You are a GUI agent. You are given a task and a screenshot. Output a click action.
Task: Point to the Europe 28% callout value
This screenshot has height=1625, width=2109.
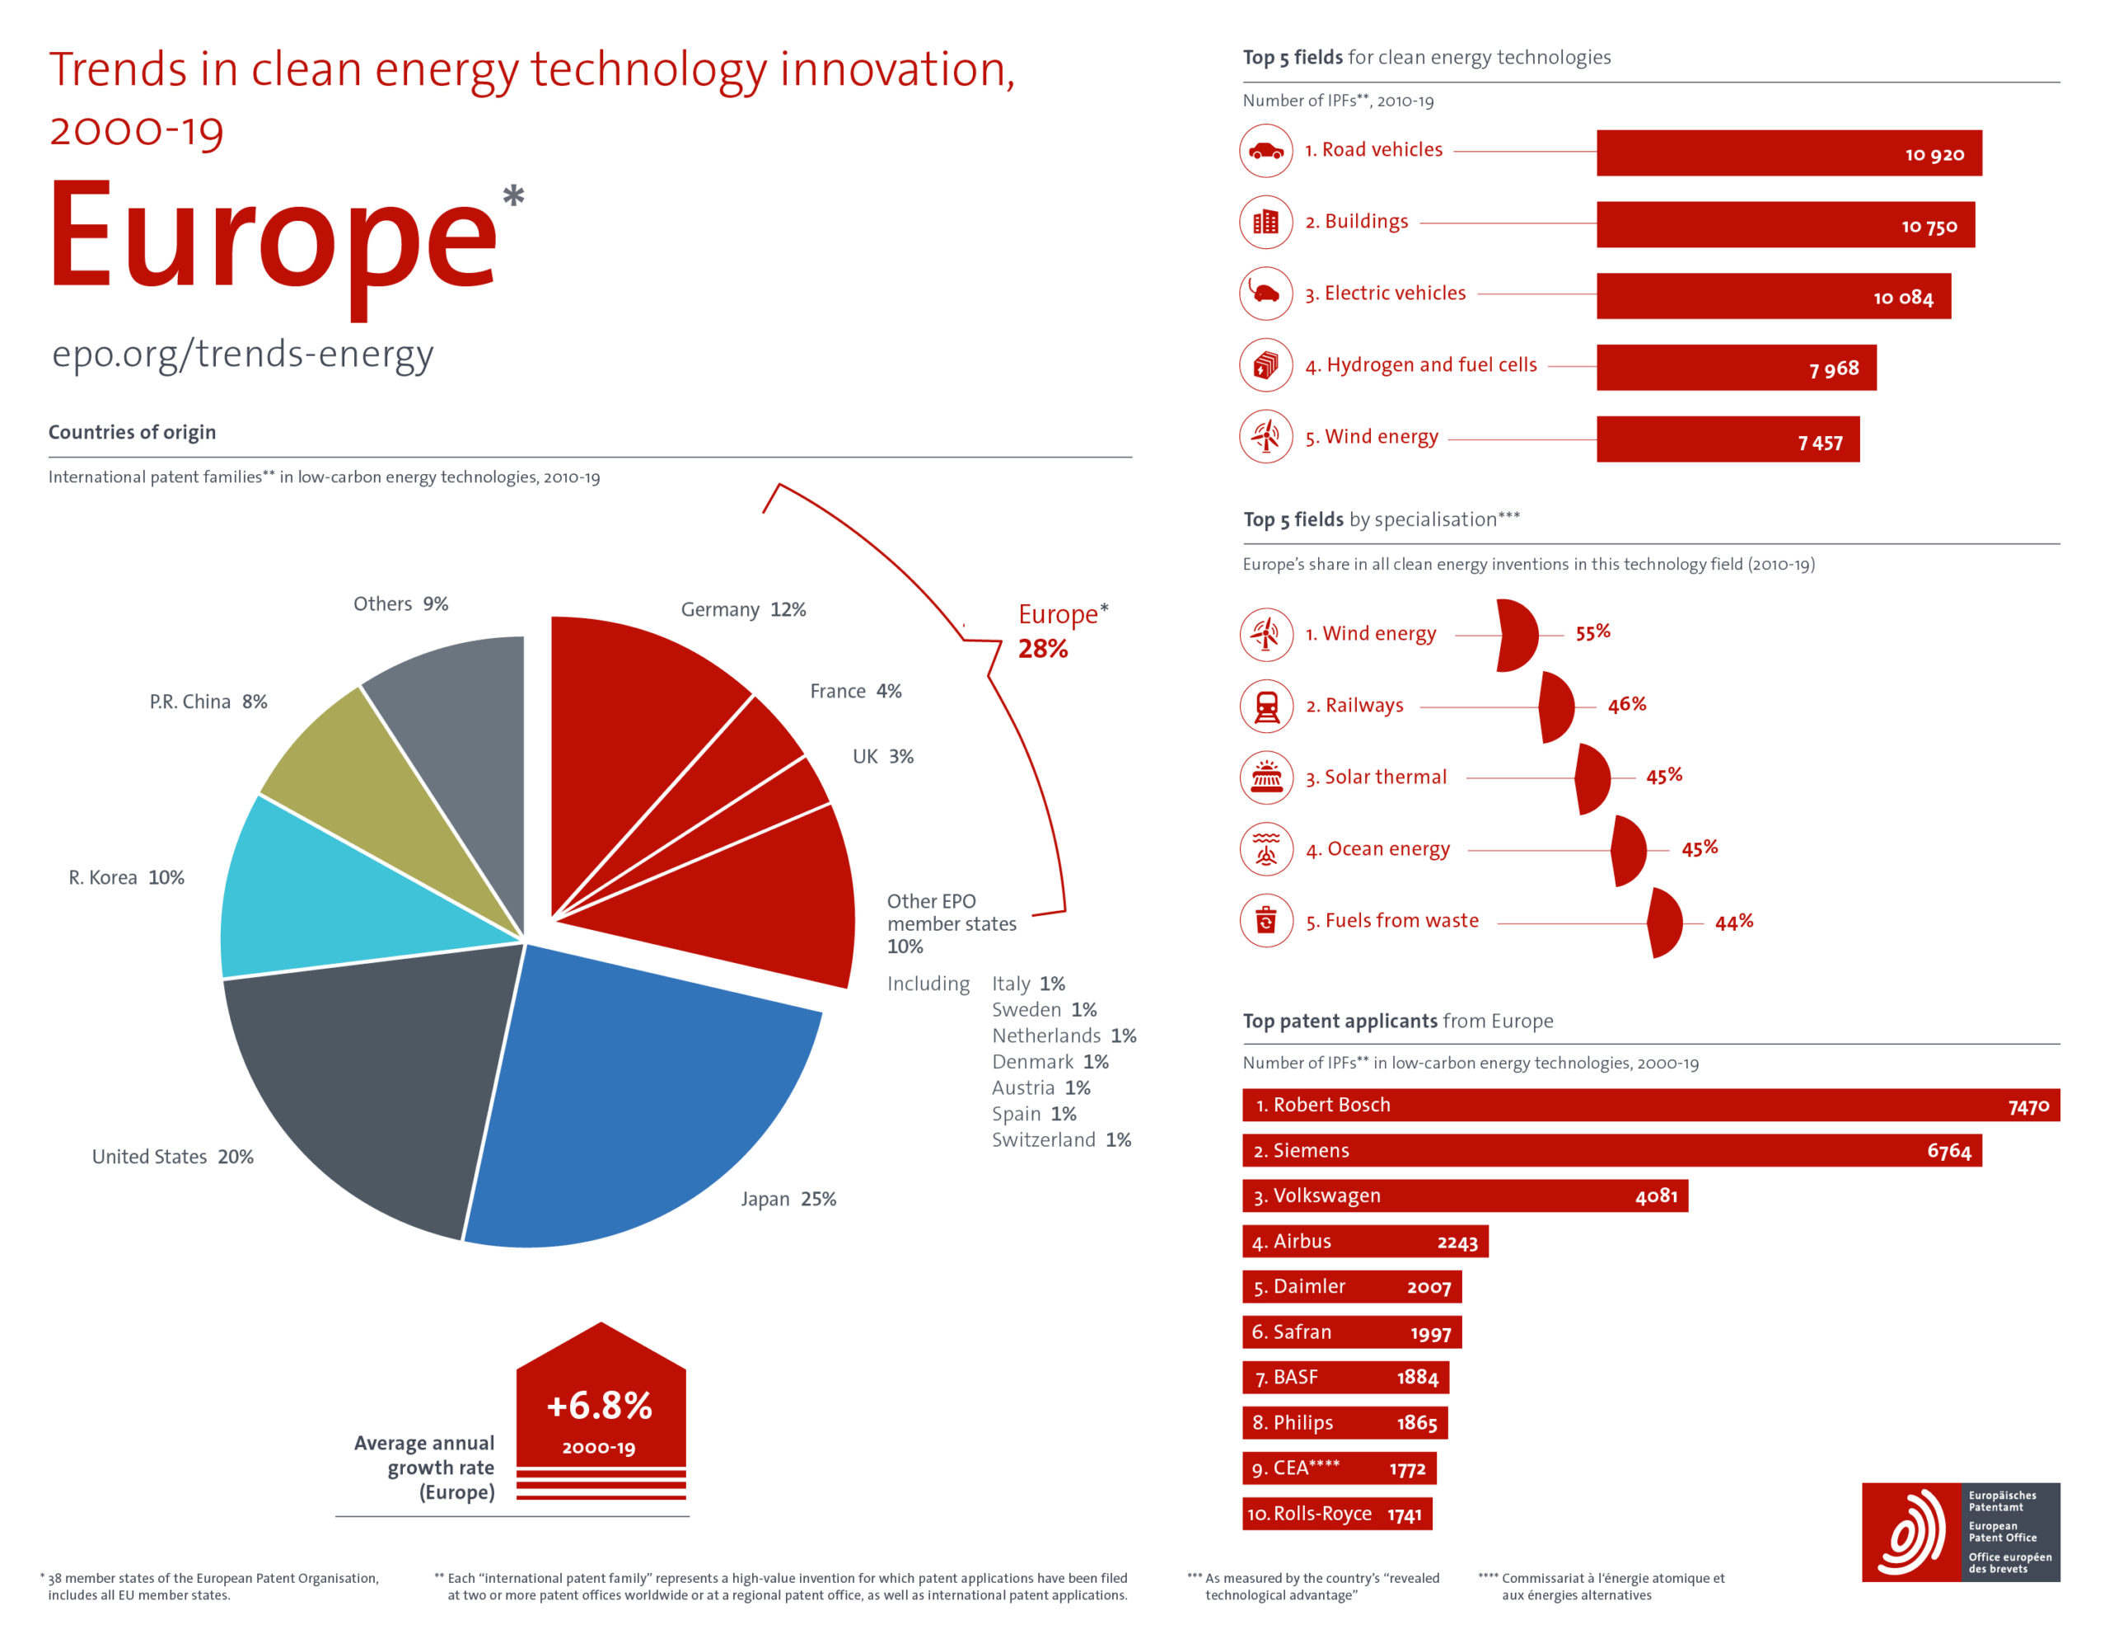tap(1043, 649)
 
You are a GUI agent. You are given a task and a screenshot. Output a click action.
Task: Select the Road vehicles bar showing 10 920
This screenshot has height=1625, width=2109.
tap(1789, 153)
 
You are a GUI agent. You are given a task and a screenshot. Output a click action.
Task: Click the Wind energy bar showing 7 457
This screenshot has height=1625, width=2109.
tap(1728, 439)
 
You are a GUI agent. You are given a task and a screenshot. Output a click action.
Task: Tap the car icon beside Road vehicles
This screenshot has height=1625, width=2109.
tap(1266, 151)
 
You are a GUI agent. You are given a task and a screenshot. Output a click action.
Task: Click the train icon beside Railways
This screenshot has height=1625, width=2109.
tap(1266, 707)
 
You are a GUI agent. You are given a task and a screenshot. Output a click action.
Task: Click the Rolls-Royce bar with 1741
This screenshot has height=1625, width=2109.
tap(1336, 1514)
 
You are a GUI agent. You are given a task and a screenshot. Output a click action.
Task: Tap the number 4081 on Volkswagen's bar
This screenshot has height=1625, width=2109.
tap(1656, 1196)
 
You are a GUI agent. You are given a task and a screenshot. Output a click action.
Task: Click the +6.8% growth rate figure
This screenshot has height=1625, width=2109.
tap(600, 1406)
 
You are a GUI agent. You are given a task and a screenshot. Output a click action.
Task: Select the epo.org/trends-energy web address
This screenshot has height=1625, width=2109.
tap(242, 355)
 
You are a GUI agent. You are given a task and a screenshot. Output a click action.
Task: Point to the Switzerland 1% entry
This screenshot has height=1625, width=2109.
tap(1061, 1140)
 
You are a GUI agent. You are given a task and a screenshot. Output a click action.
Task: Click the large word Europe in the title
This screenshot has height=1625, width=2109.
tap(274, 237)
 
